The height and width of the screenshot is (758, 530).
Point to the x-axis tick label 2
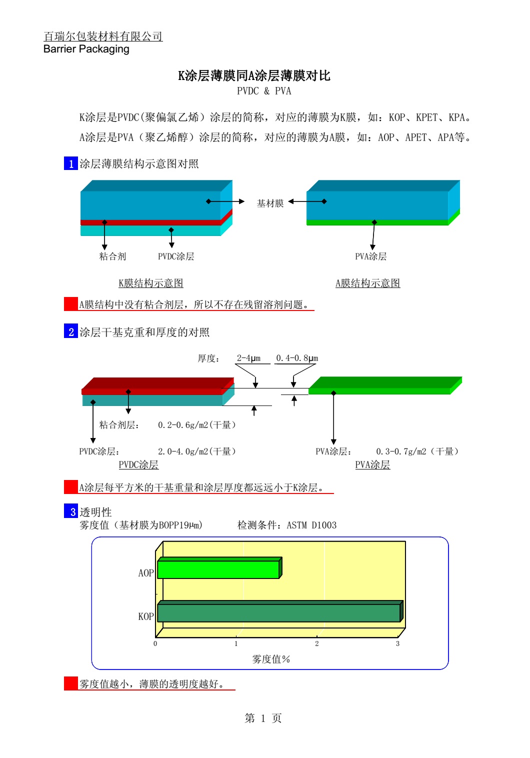317,643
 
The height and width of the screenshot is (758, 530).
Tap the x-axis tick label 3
397,643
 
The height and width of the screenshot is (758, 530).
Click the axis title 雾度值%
271,659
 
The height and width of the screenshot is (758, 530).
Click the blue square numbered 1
70,163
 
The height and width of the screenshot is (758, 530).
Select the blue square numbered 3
70,511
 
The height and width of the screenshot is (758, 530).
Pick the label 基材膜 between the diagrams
270,203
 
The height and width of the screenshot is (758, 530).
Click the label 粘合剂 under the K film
112,256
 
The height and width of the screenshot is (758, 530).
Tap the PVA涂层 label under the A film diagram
370,256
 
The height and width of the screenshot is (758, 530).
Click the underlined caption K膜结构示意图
151,283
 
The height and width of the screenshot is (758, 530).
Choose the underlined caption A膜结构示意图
368,283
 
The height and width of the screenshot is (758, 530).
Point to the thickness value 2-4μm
249,358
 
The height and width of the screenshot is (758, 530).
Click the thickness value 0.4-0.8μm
297,358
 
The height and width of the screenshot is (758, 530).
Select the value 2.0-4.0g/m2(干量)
196,451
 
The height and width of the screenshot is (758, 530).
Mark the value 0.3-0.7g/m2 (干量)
417,451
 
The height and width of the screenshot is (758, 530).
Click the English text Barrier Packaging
86,49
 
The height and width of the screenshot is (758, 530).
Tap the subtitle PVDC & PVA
264,91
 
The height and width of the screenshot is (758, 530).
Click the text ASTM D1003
311,525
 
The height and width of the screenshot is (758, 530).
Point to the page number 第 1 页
263,718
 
